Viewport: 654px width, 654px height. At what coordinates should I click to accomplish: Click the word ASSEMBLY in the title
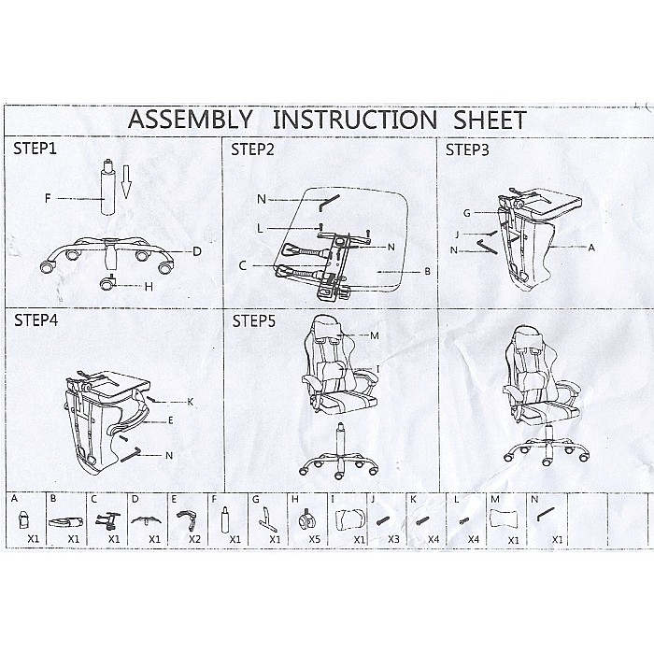pos(191,120)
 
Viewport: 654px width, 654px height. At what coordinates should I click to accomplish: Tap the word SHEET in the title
pos(490,121)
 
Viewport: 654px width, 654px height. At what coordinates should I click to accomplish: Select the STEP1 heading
pos(36,149)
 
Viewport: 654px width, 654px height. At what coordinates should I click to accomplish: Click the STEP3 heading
pos(467,149)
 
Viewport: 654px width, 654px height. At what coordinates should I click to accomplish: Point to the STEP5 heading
pos(254,321)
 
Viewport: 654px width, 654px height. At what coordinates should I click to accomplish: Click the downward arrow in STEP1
pos(127,181)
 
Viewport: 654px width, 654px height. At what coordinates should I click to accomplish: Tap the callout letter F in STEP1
pos(48,198)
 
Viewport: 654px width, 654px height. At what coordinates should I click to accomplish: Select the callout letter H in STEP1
pos(149,287)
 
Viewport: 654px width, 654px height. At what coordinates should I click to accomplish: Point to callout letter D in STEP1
pos(197,251)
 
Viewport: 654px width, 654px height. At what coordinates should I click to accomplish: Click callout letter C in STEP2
pos(243,265)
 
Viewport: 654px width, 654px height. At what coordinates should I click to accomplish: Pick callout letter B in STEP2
pos(428,272)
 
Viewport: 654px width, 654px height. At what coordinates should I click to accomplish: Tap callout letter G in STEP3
pos(467,213)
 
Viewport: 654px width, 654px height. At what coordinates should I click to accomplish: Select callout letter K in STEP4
pos(191,402)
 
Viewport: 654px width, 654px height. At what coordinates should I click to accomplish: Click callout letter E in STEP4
pos(171,420)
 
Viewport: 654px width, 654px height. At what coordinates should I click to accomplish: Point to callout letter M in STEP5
pos(375,335)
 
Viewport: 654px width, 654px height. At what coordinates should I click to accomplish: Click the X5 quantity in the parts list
pos(315,539)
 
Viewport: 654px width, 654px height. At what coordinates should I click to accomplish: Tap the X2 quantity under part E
pos(194,539)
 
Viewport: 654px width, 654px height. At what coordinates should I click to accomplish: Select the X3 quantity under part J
pos(393,539)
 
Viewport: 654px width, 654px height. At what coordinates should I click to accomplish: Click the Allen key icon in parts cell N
pos(546,514)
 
